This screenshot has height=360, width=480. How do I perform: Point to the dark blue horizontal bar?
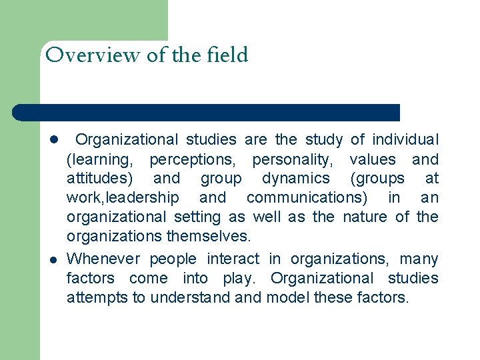pos(206,112)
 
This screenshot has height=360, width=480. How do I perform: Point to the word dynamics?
pos(295,179)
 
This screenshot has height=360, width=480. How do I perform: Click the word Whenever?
pos(103,259)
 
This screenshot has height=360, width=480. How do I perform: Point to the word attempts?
pos(97,297)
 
